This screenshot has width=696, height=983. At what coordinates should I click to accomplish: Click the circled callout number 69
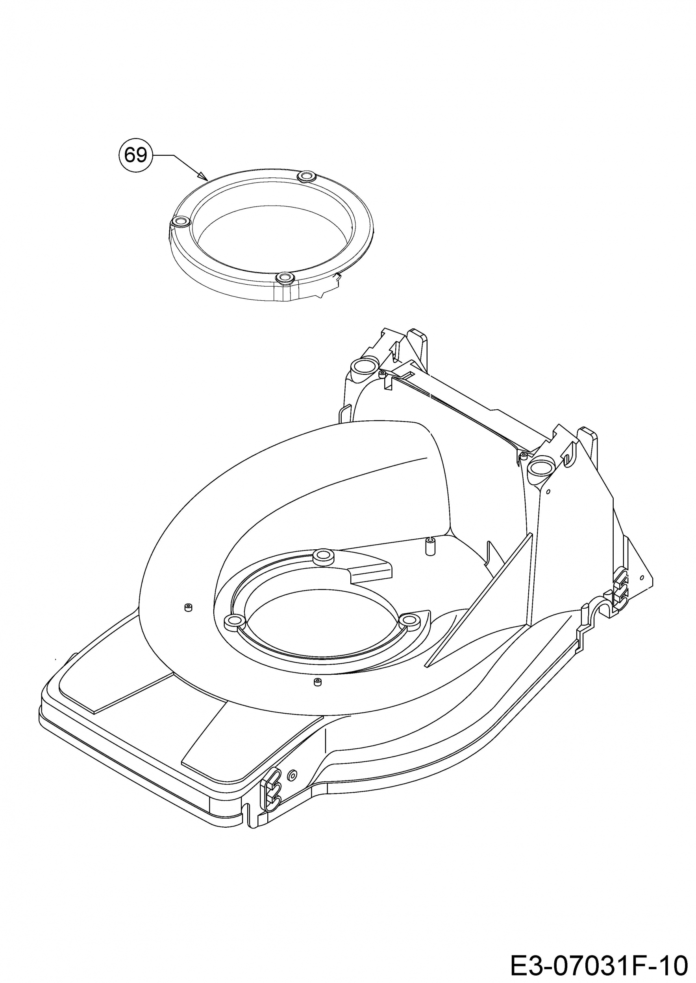(x=135, y=155)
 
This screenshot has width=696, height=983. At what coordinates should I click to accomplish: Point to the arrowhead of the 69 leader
(x=203, y=176)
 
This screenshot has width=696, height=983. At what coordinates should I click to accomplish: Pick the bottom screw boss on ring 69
(x=284, y=278)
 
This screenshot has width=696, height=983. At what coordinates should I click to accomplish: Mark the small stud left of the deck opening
(x=188, y=607)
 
